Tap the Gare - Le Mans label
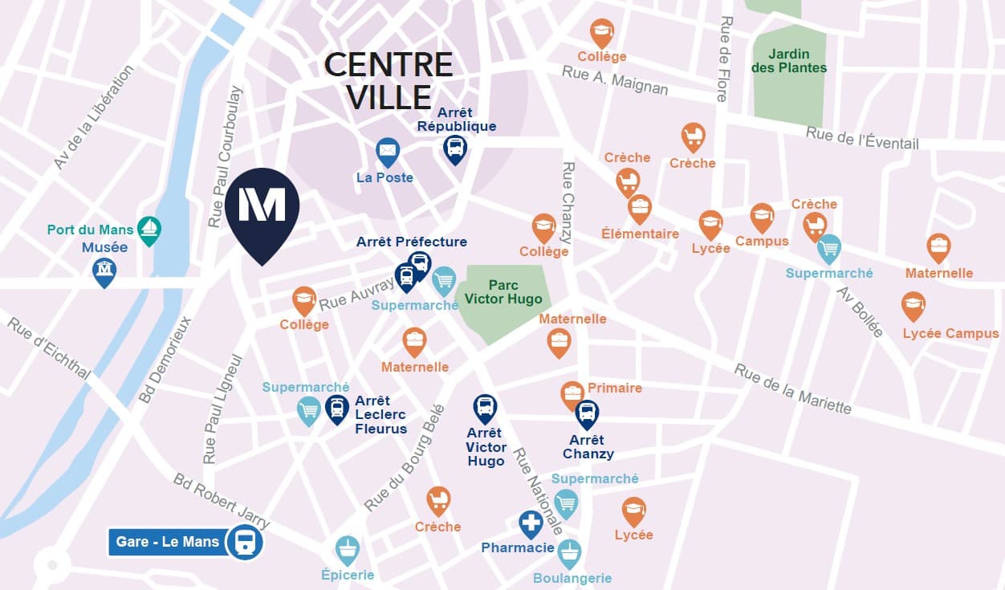(x=168, y=542)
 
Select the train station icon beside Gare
(x=245, y=543)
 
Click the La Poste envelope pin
(x=388, y=151)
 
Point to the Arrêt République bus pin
(x=455, y=148)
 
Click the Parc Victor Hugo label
(x=503, y=292)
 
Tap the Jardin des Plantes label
(x=788, y=61)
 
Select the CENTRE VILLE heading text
(x=389, y=80)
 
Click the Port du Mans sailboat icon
(x=149, y=230)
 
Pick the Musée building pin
(x=104, y=271)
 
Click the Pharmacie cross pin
(x=531, y=524)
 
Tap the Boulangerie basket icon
(x=569, y=553)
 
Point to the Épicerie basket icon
(x=347, y=550)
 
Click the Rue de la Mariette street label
(x=792, y=389)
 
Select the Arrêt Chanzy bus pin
(x=588, y=413)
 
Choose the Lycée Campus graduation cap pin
(x=913, y=305)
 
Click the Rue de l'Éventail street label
(x=862, y=139)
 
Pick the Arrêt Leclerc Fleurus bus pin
(x=337, y=408)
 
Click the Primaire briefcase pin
(x=572, y=394)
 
